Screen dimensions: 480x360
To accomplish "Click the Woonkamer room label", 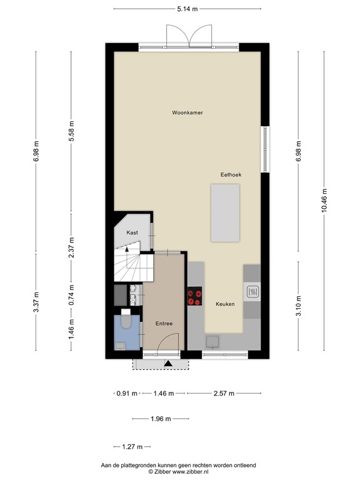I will pyautogui.click(x=188, y=112).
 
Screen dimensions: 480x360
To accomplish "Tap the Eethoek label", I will pyautogui.click(x=231, y=174).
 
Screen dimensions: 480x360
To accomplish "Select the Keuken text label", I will pyautogui.click(x=225, y=304).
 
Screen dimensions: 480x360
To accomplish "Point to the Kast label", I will pyautogui.click(x=132, y=232).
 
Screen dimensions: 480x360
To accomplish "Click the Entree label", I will pyautogui.click(x=164, y=323).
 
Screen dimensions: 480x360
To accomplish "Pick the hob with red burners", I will pyautogui.click(x=194, y=297).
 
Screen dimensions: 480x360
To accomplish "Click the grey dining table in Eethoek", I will pyautogui.click(x=225, y=212).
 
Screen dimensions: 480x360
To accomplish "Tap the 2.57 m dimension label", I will pyautogui.click(x=223, y=394).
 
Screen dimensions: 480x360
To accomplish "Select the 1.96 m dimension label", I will pyautogui.click(x=160, y=419).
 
